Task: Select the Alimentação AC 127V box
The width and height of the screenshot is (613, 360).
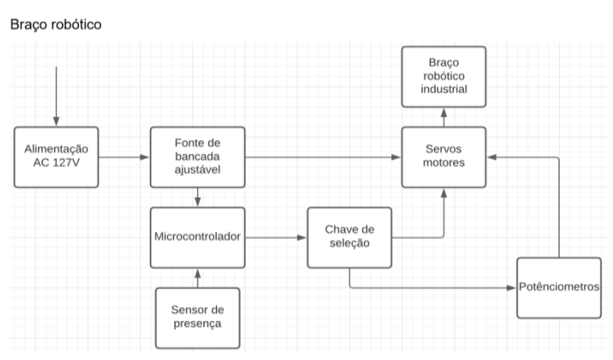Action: coord(56,157)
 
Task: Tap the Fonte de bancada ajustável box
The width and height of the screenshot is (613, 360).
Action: coord(197,157)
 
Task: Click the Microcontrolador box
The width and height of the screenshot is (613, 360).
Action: coord(197,237)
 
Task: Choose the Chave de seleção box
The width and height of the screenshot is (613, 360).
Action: coord(348,237)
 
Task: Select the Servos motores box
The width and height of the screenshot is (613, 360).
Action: coord(444,157)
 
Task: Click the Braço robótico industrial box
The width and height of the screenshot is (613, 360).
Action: coord(444,76)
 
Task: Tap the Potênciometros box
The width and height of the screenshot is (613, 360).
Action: coord(560,287)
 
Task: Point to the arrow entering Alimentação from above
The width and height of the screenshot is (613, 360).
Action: coord(56,97)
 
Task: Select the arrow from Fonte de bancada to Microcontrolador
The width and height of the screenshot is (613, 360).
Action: coord(197,196)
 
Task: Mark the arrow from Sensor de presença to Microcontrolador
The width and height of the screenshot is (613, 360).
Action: coord(197,277)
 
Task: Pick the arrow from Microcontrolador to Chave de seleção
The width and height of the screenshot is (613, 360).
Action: coord(275,237)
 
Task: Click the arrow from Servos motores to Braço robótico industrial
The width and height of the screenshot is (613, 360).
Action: coord(444,116)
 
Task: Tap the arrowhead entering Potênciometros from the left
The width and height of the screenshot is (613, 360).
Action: coord(511,287)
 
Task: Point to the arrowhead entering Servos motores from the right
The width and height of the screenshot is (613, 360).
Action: coord(492,157)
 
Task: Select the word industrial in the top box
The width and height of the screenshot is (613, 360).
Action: coord(444,89)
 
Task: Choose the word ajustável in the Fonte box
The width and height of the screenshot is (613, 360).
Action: coord(197,170)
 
